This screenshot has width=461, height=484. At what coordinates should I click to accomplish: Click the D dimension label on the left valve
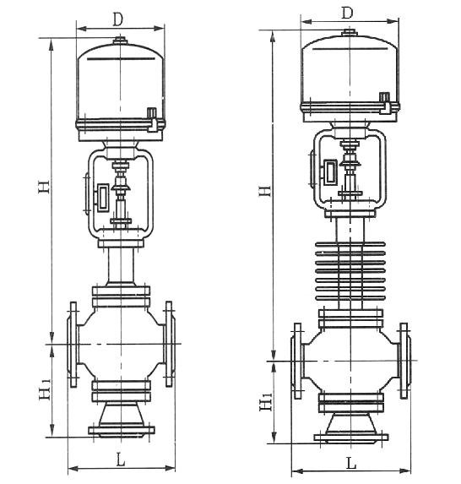[x=117, y=19]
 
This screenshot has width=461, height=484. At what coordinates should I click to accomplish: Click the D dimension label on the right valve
[x=347, y=13]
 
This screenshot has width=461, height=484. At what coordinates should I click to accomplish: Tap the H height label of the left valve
[x=44, y=186]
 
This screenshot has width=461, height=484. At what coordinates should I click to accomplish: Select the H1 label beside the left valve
[x=45, y=390]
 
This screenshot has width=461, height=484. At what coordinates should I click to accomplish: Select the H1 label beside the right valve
[x=266, y=400]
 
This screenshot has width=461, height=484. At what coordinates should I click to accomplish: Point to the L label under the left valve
[x=121, y=460]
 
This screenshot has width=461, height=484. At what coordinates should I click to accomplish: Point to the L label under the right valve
[x=351, y=463]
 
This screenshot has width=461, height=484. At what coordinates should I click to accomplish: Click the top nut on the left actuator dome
[x=120, y=41]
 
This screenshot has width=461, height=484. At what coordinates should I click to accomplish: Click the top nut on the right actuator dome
[x=350, y=32]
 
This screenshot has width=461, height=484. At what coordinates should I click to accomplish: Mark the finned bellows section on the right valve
[x=350, y=271]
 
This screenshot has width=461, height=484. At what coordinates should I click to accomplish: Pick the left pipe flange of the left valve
[x=73, y=344]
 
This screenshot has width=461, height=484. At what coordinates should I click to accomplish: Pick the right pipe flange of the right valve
[x=404, y=361]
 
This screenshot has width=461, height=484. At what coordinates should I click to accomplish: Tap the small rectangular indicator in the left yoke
[x=103, y=198]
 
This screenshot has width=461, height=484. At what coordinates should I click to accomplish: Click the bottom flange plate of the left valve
[x=122, y=430]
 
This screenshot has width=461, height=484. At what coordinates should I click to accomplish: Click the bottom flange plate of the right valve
[x=351, y=438]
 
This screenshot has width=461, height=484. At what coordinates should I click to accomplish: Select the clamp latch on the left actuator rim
[x=153, y=120]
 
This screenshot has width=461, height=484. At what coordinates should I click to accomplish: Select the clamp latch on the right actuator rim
[x=385, y=104]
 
